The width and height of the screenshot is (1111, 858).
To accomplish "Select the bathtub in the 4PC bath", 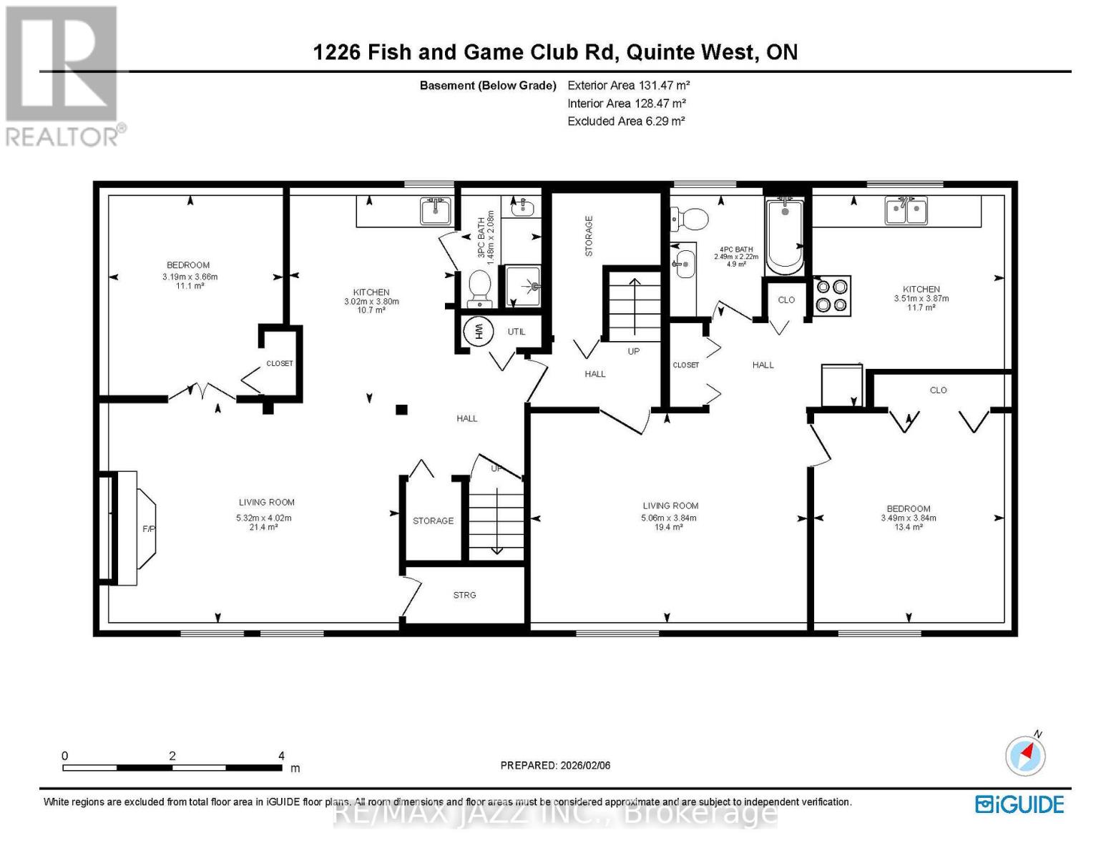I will tap(785, 237).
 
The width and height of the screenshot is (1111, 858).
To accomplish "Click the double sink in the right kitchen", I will tap(906, 211).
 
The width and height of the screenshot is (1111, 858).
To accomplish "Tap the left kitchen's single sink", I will tap(435, 211).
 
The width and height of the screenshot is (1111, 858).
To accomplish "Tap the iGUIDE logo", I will tap(1019, 804).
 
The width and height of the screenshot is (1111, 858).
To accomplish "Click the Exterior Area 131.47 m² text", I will tap(628, 85).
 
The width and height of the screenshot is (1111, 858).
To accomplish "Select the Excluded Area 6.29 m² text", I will tap(626, 122).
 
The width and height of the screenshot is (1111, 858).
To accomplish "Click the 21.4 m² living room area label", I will tap(264, 527).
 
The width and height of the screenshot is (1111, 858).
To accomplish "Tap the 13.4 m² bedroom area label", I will tap(908, 527).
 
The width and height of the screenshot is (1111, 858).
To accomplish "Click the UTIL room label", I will tap(517, 332).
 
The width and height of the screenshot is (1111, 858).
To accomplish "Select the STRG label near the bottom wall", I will tap(464, 595).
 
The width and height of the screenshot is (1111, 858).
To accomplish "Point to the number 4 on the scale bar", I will tap(282, 756).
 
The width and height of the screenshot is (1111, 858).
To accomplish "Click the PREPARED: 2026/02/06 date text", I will tap(555, 765).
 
